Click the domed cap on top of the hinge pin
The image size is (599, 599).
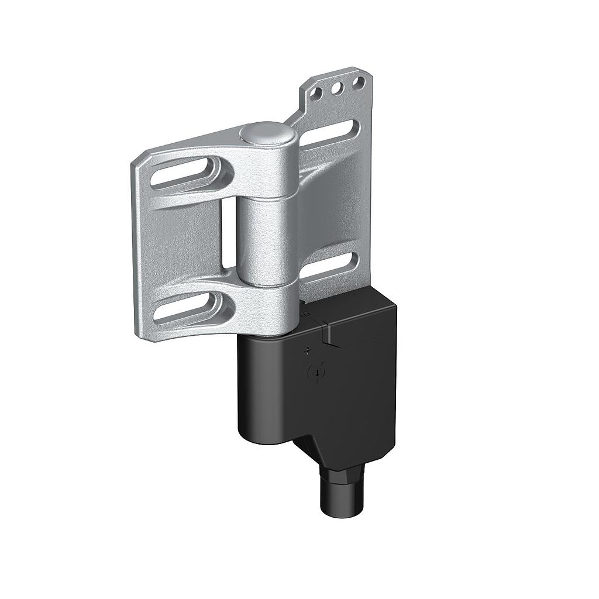[267, 133]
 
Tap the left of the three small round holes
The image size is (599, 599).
[316, 93]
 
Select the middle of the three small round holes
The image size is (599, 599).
[337, 88]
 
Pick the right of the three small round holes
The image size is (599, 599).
[359, 82]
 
